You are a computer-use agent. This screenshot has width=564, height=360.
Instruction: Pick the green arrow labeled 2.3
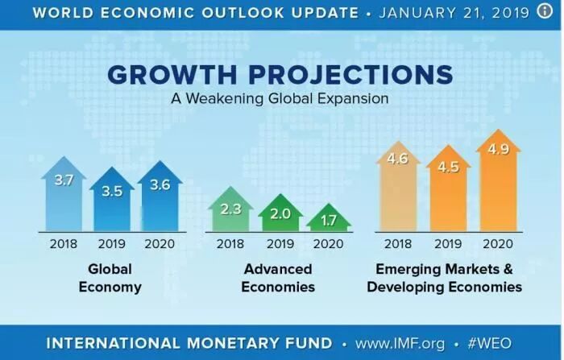click(x=230, y=214)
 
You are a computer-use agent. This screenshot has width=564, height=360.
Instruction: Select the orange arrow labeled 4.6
click(x=397, y=185)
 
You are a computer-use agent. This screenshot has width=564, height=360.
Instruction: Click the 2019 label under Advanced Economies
click(x=280, y=242)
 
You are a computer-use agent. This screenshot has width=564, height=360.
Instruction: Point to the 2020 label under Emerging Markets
click(x=498, y=242)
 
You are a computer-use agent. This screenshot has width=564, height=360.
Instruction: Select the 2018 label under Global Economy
click(x=64, y=242)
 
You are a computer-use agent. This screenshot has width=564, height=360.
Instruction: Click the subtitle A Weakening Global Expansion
click(x=280, y=98)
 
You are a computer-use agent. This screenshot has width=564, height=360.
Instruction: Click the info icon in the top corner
click(x=548, y=13)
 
